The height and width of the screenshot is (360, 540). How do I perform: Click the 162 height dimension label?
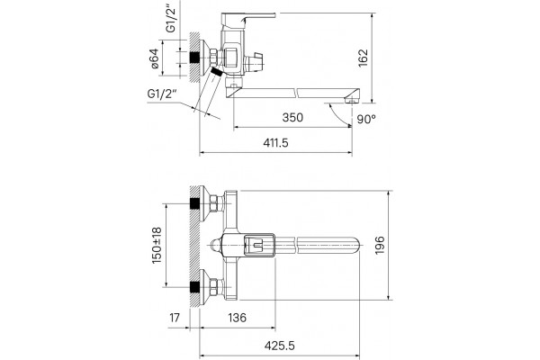click(x=363, y=58)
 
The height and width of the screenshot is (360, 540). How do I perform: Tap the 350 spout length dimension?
click(x=292, y=118)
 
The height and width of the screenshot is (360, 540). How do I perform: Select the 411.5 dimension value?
click(x=276, y=142)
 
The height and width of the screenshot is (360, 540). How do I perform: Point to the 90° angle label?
click(x=366, y=119)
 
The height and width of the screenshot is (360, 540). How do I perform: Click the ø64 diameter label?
click(x=155, y=58)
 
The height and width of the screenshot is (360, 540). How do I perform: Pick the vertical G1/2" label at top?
click(x=171, y=18)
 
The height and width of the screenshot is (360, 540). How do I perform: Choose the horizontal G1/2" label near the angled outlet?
click(x=162, y=94)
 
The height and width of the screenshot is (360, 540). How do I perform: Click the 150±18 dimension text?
click(x=157, y=246)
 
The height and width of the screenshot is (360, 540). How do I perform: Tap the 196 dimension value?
click(x=380, y=246)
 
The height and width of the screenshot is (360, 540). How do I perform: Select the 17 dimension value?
click(x=175, y=318)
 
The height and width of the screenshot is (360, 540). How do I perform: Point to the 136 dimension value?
click(x=238, y=318)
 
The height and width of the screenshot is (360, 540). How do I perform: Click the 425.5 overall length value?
click(x=280, y=346)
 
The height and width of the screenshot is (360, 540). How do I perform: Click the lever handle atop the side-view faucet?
click(x=248, y=19)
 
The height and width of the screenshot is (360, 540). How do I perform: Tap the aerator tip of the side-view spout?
click(x=351, y=101)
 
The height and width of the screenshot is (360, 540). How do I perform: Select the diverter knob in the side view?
click(x=254, y=62)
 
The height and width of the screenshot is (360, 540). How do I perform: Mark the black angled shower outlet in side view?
click(x=216, y=72)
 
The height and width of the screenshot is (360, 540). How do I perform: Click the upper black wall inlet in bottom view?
click(x=194, y=203)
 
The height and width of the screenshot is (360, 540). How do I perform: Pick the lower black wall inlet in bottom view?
click(x=194, y=286)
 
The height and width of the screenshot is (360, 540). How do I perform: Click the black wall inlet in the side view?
click(x=194, y=58)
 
